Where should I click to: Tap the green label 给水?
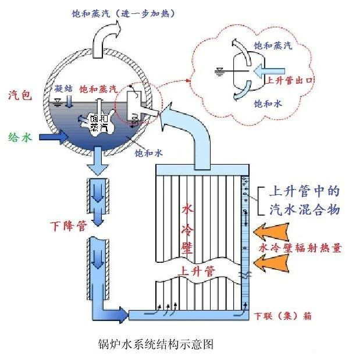click(x=19, y=137)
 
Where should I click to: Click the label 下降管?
click(x=66, y=224)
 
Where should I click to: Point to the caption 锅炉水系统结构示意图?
click(x=154, y=344)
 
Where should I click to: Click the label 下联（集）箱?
click(x=282, y=316)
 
